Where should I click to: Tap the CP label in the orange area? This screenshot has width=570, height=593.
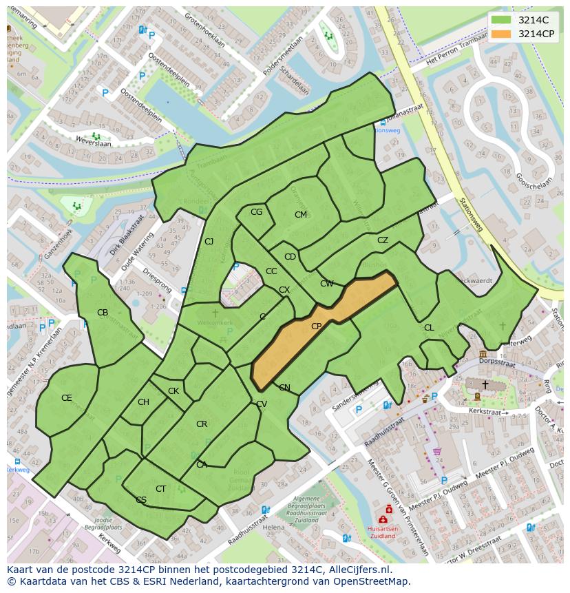tap(317, 326)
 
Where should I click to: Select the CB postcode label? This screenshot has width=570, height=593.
tap(103, 313)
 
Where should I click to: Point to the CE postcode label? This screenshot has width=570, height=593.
tap(67, 398)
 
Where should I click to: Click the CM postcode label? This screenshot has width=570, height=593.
tap(301, 215)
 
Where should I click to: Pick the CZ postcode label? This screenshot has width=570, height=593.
tap(383, 240)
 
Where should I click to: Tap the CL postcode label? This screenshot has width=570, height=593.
tap(429, 328)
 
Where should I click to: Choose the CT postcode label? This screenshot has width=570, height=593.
tap(160, 489)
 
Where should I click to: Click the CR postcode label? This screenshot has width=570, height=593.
tap(202, 424)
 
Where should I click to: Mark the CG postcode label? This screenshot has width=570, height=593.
tap(256, 212)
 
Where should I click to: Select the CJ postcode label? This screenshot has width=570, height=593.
tap(209, 241)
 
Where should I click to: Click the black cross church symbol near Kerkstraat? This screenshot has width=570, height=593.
tap(485, 384)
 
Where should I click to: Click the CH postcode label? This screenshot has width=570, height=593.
tap(143, 402)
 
